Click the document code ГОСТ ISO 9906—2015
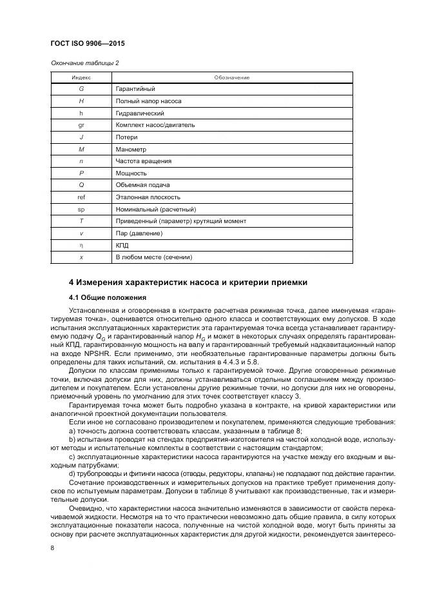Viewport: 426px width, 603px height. pos(87,43)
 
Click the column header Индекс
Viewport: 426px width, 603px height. pos(81,77)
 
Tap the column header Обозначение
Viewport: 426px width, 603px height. pos(231,77)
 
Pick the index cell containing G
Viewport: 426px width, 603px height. pos(81,89)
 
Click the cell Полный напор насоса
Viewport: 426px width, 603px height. pos(148,101)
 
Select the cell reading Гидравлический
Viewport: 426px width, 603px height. pos(139,113)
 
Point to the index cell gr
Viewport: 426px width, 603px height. pos(81,125)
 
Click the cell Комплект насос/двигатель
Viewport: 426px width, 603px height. pos(155,125)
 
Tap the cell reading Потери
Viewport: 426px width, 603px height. pos(126,137)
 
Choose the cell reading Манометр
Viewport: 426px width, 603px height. pos(131,149)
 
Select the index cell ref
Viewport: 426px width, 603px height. pos(81,197)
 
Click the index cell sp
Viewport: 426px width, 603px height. pos(81,209)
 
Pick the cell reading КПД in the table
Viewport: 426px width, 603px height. pos(122,245)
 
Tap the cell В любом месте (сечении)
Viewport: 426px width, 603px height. pos(153,257)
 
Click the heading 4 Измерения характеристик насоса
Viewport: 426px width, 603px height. pos(188,282)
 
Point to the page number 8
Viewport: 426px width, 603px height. pos(52,548)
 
